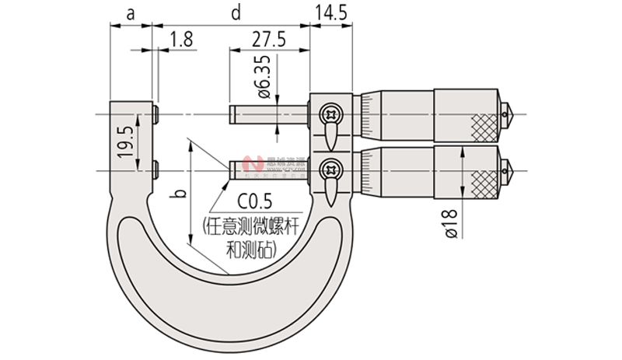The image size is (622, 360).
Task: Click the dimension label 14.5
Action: (331, 12)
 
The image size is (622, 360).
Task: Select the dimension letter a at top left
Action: (130, 12)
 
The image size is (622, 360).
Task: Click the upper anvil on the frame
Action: (156, 115)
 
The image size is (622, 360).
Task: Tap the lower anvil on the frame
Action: (156, 169)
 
